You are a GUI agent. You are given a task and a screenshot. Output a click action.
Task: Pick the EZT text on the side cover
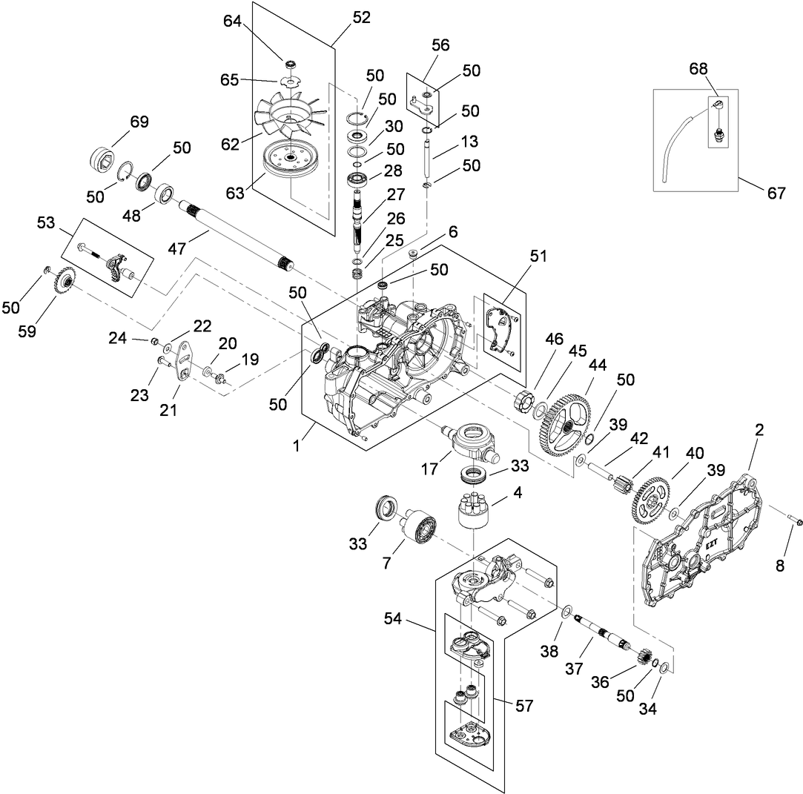point(712,542)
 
